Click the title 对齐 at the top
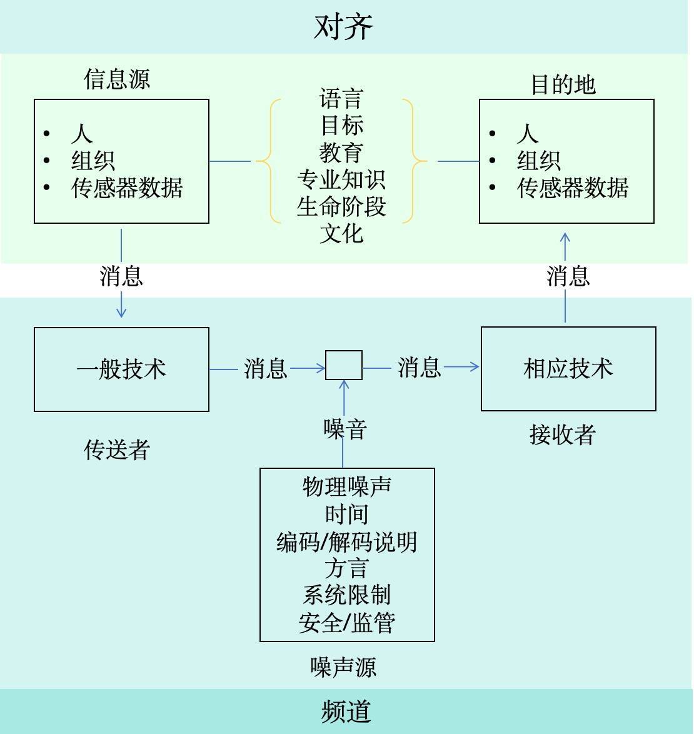(343, 27)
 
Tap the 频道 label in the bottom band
(346, 711)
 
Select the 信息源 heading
(117, 79)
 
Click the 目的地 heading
(563, 84)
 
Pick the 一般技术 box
(121, 369)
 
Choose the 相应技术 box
(568, 368)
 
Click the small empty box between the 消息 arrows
(344, 365)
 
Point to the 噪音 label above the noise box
(344, 429)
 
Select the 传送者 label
(117, 450)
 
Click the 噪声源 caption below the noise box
(343, 667)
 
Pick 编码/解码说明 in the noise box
(346, 541)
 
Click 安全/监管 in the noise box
(346, 623)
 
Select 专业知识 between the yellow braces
(341, 180)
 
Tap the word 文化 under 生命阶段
(341, 234)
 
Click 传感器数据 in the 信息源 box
(127, 188)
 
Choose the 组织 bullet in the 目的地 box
(538, 161)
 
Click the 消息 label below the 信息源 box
(121, 276)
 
